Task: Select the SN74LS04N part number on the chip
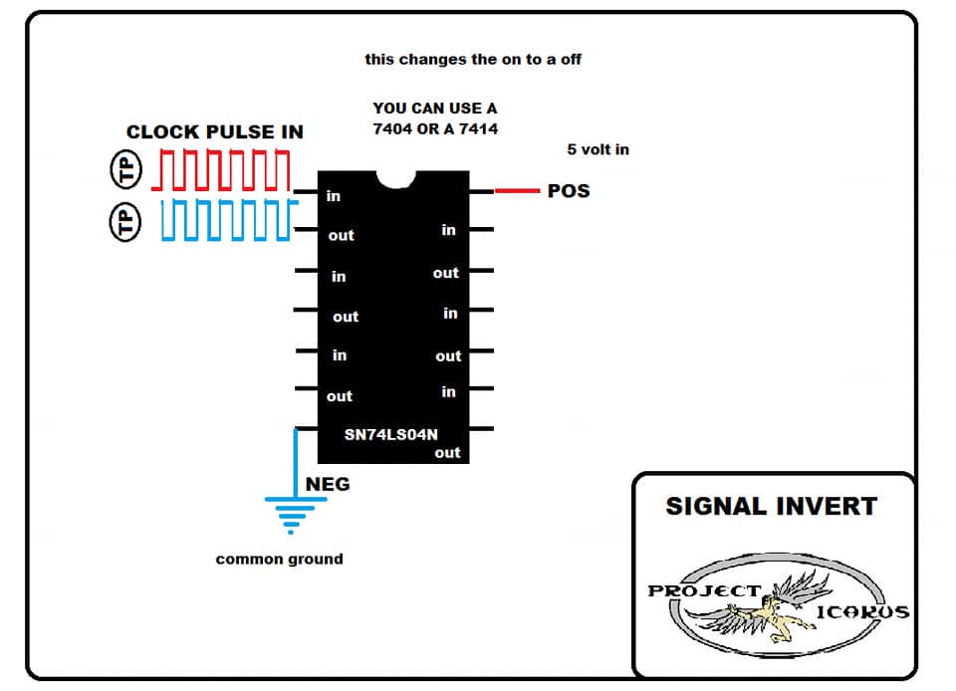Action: click(390, 434)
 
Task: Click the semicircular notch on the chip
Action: click(396, 181)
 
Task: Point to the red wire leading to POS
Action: click(517, 191)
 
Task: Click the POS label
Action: click(569, 191)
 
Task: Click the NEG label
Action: click(328, 485)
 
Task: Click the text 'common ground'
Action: click(279, 559)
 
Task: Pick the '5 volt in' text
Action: click(598, 149)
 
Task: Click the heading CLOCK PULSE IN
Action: click(215, 131)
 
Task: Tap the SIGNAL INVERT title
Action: click(771, 507)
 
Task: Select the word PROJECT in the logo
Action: click(705, 590)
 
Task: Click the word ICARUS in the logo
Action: click(862, 611)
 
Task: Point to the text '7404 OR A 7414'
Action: click(435, 128)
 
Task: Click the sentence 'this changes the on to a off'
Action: click(473, 59)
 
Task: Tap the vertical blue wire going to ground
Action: click(297, 463)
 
